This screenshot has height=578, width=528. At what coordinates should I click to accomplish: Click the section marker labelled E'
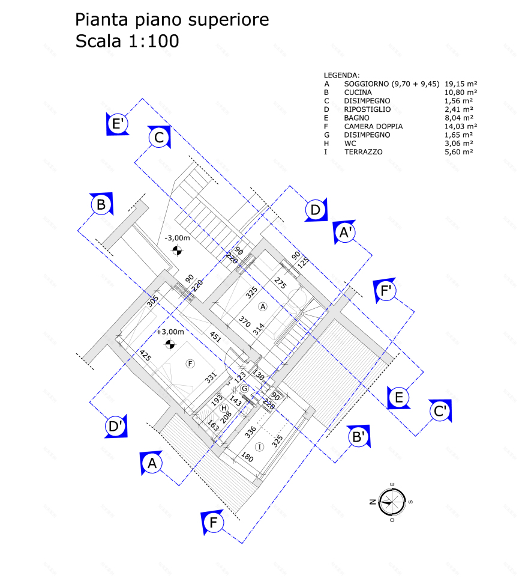click(118, 124)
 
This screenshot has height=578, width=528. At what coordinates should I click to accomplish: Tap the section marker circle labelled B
click(101, 205)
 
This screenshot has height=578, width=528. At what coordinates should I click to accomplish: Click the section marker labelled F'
click(386, 291)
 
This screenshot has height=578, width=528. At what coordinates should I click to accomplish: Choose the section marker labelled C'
click(441, 411)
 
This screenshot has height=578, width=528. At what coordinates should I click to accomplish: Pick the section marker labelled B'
click(359, 437)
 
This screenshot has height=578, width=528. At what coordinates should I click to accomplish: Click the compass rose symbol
click(391, 502)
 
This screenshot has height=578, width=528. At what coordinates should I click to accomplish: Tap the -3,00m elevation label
click(177, 238)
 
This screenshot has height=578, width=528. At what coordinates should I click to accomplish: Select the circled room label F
click(190, 363)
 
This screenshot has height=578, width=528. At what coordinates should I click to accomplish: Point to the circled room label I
click(259, 446)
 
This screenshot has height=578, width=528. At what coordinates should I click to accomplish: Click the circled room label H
click(224, 408)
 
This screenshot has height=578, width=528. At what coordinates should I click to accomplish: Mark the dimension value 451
click(215, 337)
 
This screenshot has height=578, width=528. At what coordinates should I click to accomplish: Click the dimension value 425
click(145, 356)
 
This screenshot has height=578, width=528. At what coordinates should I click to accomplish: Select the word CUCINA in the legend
click(358, 93)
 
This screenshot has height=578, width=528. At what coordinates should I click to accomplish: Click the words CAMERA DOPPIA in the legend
click(373, 127)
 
